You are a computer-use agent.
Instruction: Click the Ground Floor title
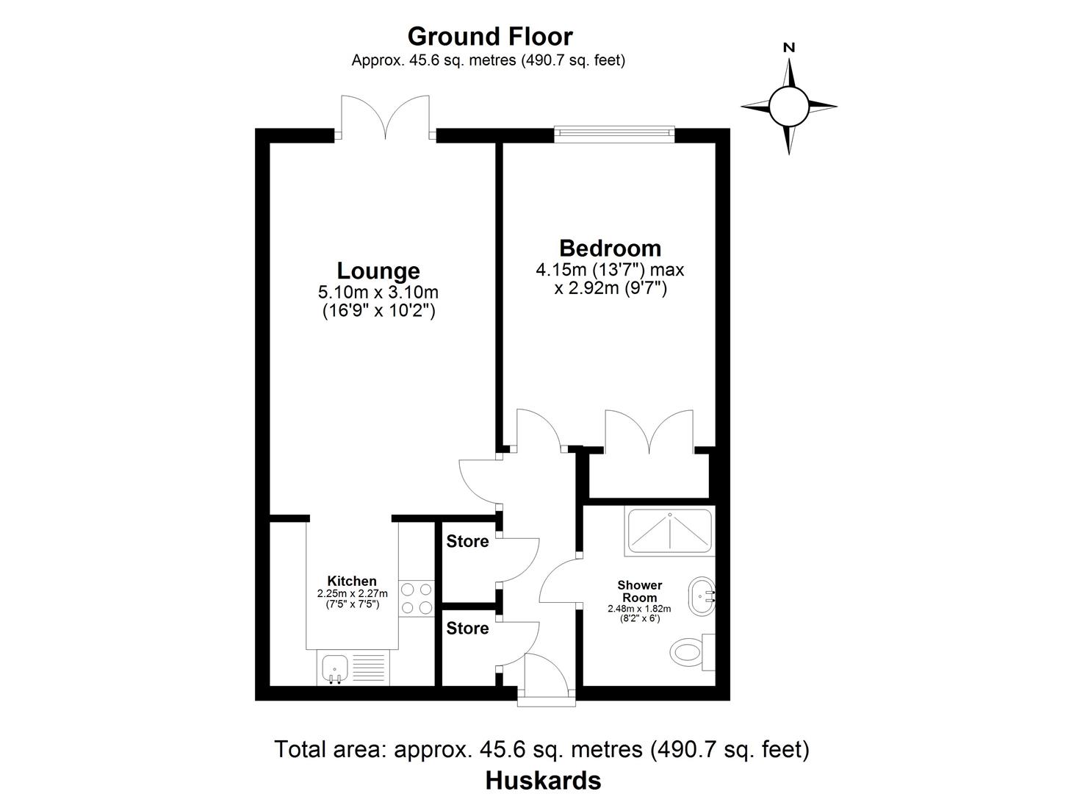489,36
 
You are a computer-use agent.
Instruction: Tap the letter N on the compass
789,48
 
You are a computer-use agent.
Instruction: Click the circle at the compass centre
789,106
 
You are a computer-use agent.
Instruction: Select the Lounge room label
378,271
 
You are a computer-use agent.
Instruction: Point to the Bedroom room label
610,248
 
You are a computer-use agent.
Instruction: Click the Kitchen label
352,581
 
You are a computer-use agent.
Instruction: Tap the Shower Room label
639,591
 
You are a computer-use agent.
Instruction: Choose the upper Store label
467,542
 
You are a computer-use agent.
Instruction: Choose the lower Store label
467,628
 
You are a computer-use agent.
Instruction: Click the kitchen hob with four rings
417,598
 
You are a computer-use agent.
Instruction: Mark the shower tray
669,530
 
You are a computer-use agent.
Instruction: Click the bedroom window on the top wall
613,132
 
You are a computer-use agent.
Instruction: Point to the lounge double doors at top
385,118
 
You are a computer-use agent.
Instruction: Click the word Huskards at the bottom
543,780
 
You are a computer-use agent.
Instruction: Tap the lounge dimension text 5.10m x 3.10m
378,293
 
